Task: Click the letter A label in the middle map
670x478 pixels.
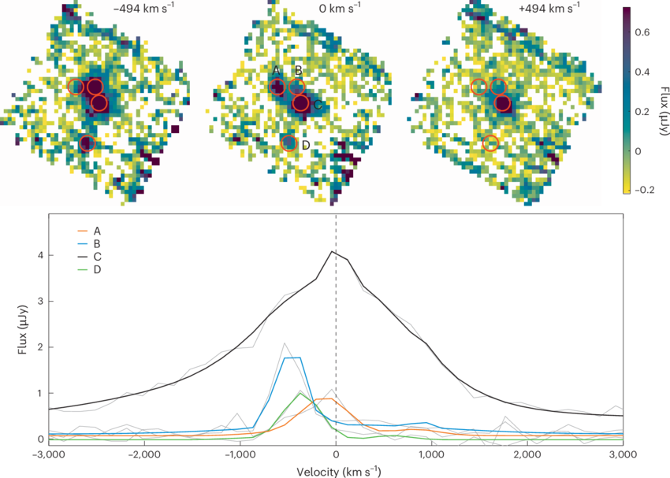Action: [277, 71]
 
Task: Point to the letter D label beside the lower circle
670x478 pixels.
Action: [305, 145]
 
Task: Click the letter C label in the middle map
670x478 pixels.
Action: [317, 106]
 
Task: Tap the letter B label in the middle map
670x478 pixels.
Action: [298, 71]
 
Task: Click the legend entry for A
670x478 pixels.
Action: [98, 232]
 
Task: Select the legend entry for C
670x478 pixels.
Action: [98, 257]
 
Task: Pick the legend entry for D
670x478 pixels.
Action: [98, 269]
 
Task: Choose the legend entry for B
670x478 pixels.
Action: [98, 244]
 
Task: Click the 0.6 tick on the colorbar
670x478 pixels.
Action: [642, 33]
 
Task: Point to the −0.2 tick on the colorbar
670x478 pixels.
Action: [644, 189]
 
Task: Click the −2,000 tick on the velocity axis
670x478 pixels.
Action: [145, 455]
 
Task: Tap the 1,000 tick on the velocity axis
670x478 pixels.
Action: [432, 455]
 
